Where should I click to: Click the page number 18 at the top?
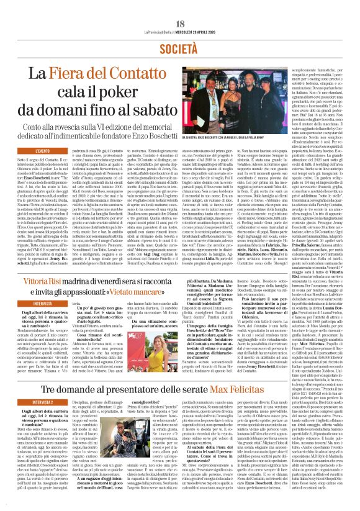point(180,7)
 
